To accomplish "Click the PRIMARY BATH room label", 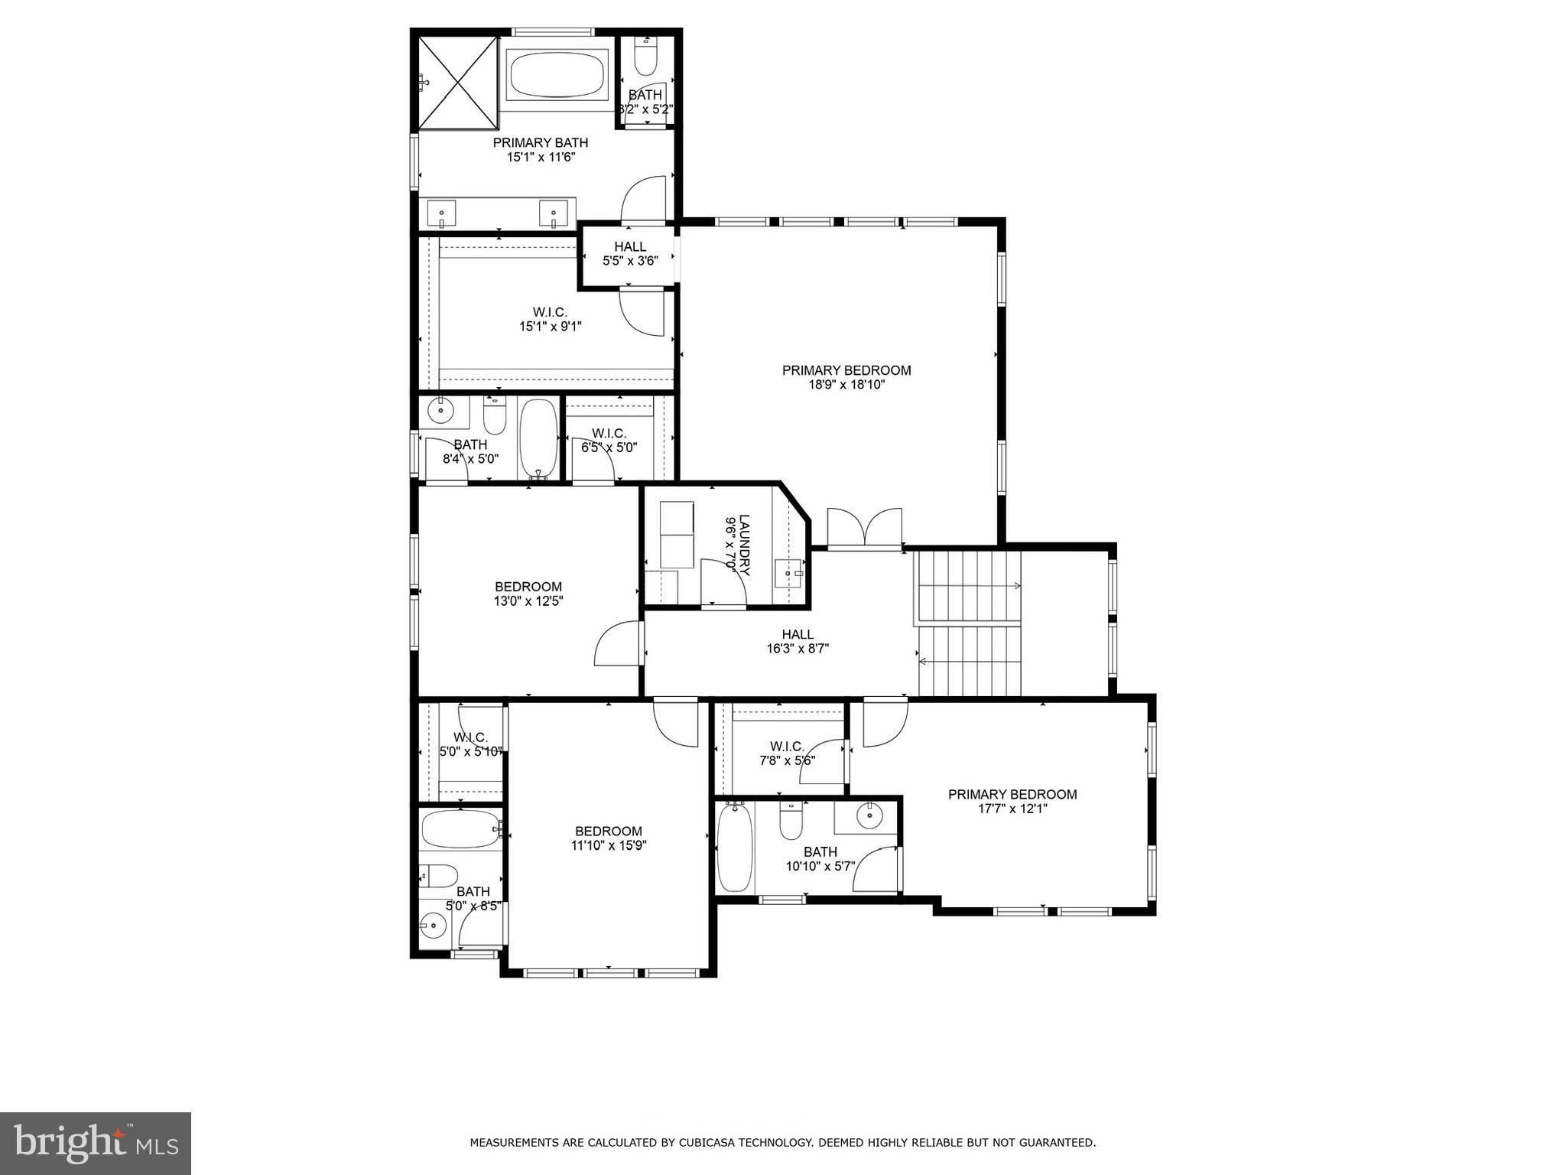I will click(540, 142).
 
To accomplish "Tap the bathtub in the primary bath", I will click(556, 73).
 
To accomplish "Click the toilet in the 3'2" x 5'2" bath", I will click(647, 57).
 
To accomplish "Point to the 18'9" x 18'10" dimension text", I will click(846, 385).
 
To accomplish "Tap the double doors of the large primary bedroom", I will click(865, 527).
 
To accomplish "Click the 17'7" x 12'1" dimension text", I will click(1012, 809).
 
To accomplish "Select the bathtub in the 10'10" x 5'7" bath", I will click(735, 846).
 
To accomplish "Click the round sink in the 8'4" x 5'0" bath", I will click(441, 411).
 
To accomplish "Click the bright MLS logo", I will click(96, 1143).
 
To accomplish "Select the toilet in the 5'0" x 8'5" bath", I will click(439, 874).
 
